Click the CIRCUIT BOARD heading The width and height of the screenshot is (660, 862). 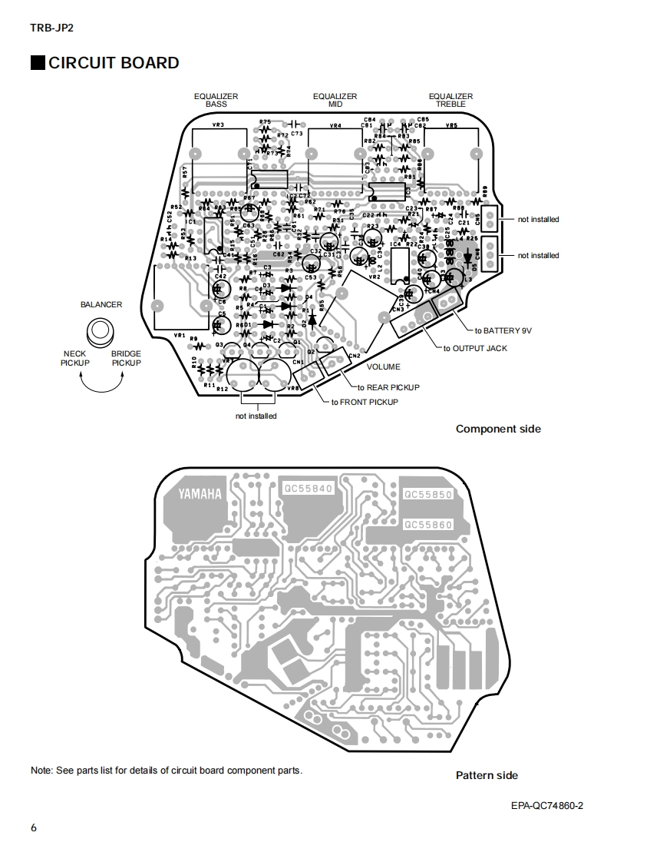pos(114,63)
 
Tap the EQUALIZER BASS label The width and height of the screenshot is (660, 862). pos(216,100)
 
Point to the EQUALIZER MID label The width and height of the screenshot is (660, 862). pos(335,100)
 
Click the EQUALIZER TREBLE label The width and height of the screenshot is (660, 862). pos(450,100)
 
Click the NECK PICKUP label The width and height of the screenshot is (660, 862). pos(75,358)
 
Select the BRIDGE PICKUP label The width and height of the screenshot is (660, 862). pos(126,358)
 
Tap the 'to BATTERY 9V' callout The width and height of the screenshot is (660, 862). pos(503,330)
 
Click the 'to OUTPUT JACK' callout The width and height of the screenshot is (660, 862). pos(475,348)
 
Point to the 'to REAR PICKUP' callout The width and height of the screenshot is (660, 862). pos(389,387)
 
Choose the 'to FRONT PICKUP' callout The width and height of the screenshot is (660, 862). pos(365,402)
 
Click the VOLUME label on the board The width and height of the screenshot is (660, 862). pos(383,366)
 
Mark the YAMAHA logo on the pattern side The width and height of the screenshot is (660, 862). pos(200,494)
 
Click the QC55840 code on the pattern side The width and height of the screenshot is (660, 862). pos(308,489)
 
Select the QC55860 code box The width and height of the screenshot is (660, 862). pos(427,525)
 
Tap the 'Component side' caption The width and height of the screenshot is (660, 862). pos(498,429)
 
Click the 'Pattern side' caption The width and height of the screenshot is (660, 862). pos(487,775)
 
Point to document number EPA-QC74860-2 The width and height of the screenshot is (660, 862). pos(547,805)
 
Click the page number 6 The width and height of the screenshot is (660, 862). pos(34,827)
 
